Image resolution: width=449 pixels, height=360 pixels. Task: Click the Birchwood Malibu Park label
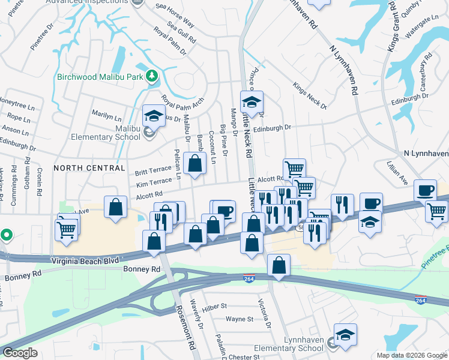click(x=101, y=76)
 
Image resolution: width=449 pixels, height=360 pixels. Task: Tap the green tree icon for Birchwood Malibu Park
click(x=152, y=76)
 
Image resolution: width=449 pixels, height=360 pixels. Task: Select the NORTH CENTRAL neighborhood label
click(x=89, y=168)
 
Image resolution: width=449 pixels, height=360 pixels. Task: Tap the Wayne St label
click(x=240, y=320)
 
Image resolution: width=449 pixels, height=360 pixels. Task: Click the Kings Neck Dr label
click(x=310, y=95)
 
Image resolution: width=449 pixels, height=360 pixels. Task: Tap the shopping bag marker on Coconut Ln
click(x=195, y=163)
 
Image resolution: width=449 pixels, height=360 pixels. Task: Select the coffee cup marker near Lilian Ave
click(x=426, y=190)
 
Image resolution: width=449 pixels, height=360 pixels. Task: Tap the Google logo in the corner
click(x=20, y=352)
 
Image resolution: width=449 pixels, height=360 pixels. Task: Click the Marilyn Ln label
click(x=106, y=112)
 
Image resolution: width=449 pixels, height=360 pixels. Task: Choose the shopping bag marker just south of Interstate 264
click(x=279, y=265)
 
